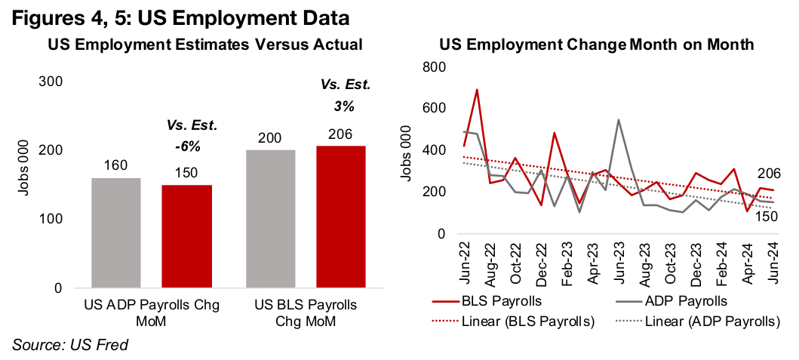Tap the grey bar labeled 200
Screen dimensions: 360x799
tap(272, 219)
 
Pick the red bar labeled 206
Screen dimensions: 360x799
tap(340, 217)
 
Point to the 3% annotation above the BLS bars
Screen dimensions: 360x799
tap(341, 106)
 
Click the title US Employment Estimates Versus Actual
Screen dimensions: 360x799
tap(204, 45)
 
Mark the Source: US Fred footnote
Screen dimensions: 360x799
tap(70, 345)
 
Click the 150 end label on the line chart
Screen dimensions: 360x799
tap(767, 217)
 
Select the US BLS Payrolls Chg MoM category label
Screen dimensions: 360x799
tap(306, 312)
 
